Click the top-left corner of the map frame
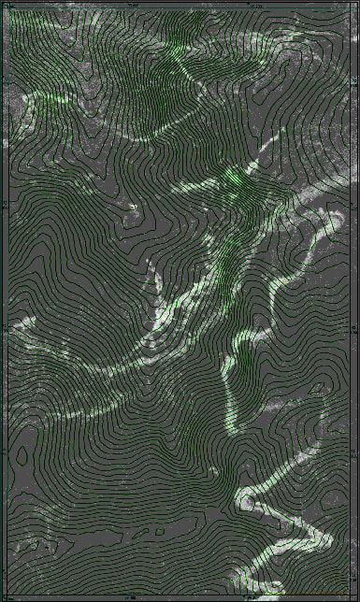click(x=7, y=7)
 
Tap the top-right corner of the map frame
click(x=353, y=7)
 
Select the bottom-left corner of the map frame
click(x=7, y=595)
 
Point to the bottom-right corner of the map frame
click(x=353, y=595)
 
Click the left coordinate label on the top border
click(x=131, y=4)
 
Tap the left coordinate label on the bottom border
click(x=131, y=598)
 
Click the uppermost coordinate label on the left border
click(x=4, y=204)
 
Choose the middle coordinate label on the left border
click(x=4, y=328)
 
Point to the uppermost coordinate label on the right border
click(x=356, y=204)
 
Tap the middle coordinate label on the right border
click(x=356, y=328)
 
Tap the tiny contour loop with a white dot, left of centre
click(x=134, y=208)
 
